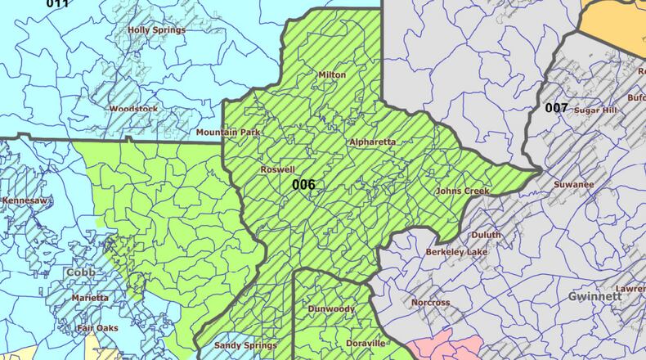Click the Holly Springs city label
(156, 30)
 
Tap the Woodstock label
(133, 108)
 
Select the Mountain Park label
(227, 132)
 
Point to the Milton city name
(331, 74)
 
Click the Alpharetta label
(372, 142)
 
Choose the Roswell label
(277, 169)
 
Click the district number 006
(303, 184)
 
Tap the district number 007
(556, 107)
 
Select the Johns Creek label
(462, 191)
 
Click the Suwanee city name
(573, 184)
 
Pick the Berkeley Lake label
(456, 252)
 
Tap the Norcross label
(430, 303)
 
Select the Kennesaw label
(25, 200)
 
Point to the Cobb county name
(81, 272)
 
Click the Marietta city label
(89, 298)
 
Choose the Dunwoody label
(330, 309)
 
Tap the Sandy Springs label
(246, 345)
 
